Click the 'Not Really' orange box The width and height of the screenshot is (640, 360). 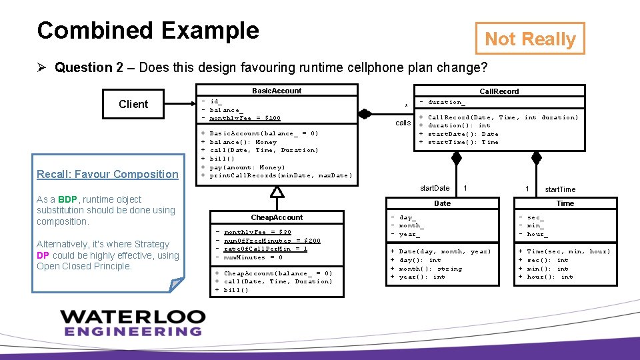click(530, 39)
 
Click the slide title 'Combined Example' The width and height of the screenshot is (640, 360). click(148, 31)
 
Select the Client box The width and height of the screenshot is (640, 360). click(133, 104)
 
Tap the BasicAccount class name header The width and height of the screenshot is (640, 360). click(277, 91)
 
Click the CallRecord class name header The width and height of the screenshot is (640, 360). click(499, 91)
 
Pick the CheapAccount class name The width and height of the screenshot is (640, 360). click(277, 217)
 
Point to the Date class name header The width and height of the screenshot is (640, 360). click(442, 203)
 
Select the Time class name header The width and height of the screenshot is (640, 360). click(565, 203)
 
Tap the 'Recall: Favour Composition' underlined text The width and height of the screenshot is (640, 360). click(107, 175)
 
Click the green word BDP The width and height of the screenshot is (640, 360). click(67, 199)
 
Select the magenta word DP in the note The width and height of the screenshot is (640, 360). click(43, 255)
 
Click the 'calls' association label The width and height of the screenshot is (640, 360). click(403, 123)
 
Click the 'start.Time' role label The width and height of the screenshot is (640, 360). click(559, 189)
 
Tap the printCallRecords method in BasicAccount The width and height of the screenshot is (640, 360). click(281, 175)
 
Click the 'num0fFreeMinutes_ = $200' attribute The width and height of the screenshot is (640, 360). click(272, 241)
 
